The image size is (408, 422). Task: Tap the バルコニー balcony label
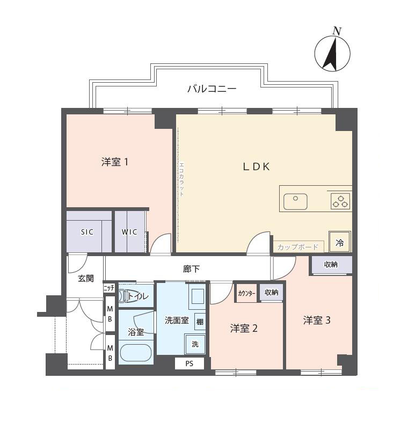point(212,89)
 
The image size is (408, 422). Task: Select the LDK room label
point(256,166)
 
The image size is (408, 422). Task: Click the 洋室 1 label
point(114,162)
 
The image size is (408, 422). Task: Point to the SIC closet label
point(87,232)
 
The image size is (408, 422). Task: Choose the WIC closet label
point(129,232)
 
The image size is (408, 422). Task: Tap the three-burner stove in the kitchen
point(340,201)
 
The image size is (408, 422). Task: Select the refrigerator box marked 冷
point(339,242)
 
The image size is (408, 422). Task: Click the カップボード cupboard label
point(298,247)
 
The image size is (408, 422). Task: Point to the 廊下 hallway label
point(191,268)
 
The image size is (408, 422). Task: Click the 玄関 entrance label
point(85,278)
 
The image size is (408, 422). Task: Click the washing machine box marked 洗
point(195,344)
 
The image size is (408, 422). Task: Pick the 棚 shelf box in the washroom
point(199,322)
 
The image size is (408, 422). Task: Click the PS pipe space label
point(190,364)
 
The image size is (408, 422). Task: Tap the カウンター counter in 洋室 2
point(246,293)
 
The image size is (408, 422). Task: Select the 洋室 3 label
point(316,321)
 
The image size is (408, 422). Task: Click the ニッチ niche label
point(109,288)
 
